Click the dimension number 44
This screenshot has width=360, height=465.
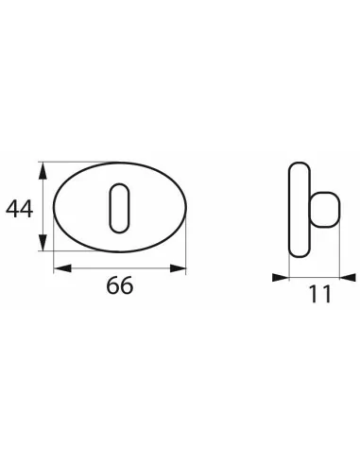19,209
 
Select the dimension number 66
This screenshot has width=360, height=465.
120,285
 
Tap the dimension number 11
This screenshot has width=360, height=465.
320,294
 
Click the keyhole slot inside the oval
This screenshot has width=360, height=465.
119,208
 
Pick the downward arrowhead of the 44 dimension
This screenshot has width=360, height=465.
43,242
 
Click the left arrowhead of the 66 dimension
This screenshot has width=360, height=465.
62,268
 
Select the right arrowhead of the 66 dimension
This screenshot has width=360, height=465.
178,268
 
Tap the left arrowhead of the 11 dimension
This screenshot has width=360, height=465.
281,278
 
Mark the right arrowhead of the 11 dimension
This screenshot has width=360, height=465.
348,278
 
